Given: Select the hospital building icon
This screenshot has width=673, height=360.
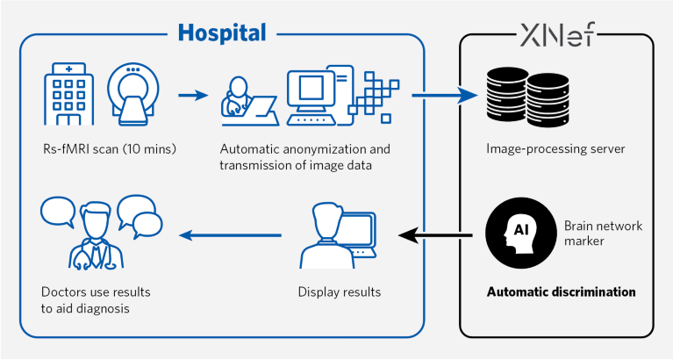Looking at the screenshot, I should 68,95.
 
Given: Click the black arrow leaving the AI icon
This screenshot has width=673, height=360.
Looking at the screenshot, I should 439,234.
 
